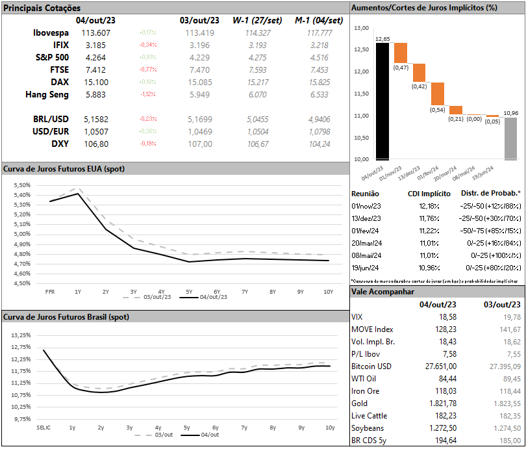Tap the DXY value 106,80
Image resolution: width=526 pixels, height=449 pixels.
point(96,144)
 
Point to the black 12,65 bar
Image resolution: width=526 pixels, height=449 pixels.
point(382,101)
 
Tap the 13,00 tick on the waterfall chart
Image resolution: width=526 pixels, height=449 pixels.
point(362,28)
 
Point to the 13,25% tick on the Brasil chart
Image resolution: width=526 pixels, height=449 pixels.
point(21,335)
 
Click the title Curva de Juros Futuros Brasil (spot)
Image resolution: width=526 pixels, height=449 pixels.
point(66,317)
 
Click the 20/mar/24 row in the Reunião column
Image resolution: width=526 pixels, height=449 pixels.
point(366,241)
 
